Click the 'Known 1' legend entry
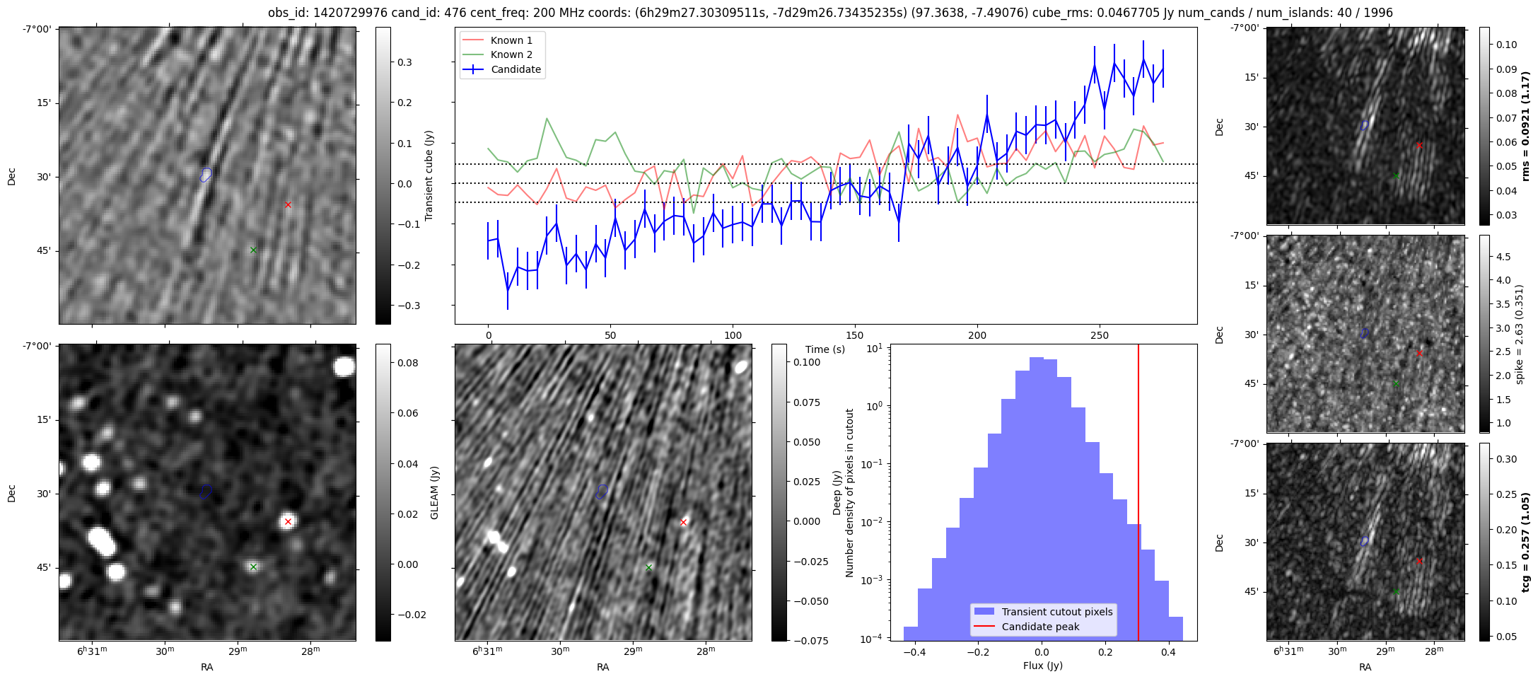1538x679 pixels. click(511, 40)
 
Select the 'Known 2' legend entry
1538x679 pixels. click(511, 54)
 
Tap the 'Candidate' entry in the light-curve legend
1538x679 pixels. click(515, 69)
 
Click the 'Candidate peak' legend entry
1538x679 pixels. click(1040, 627)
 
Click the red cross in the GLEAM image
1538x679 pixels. click(288, 522)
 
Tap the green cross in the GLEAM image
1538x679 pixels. click(253, 567)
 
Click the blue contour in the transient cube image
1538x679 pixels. click(206, 174)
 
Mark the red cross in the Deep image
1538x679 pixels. click(683, 523)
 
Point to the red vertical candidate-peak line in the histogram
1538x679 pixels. click(1138, 495)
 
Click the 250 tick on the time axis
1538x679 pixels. click(1099, 335)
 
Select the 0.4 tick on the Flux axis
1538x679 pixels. click(1168, 652)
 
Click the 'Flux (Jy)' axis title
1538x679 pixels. click(1042, 666)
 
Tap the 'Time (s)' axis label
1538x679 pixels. click(825, 349)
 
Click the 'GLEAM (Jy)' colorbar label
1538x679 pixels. click(434, 492)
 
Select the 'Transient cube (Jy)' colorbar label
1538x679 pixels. click(429, 175)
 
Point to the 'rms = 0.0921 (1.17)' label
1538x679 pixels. click(1525, 127)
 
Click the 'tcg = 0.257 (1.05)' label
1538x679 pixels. click(1525, 542)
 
